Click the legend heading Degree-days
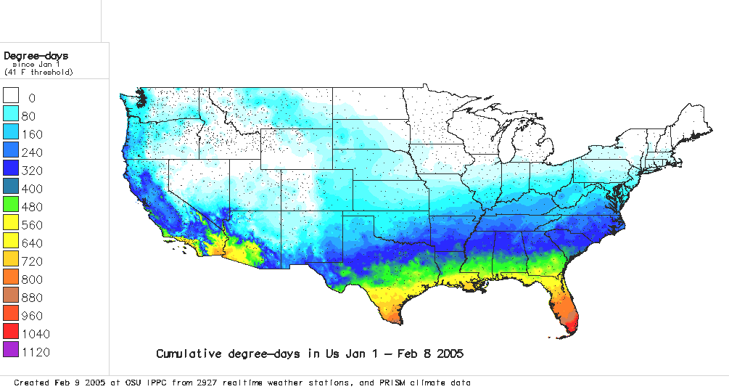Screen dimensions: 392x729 [x=36, y=55]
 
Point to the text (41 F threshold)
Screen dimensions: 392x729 [x=39, y=72]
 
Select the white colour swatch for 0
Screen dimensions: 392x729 [x=11, y=97]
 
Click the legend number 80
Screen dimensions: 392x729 [x=34, y=116]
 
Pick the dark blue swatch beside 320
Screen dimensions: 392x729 [x=11, y=170]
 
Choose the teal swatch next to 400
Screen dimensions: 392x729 [x=11, y=188]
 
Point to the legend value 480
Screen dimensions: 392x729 [x=33, y=207]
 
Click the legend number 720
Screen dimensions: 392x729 [x=33, y=261]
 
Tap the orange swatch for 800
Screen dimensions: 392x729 [x=11, y=279]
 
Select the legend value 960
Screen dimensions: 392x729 [x=33, y=316]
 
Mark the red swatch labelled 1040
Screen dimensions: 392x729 [x=11, y=333]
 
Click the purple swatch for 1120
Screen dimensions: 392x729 [x=11, y=351]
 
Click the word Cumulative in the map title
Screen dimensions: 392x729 [x=187, y=354]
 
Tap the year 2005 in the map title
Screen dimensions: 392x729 [x=448, y=354]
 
